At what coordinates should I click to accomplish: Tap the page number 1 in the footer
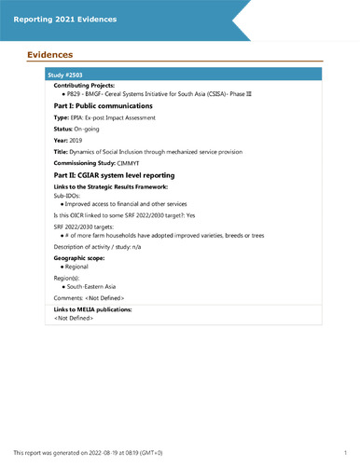coord(346,452)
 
